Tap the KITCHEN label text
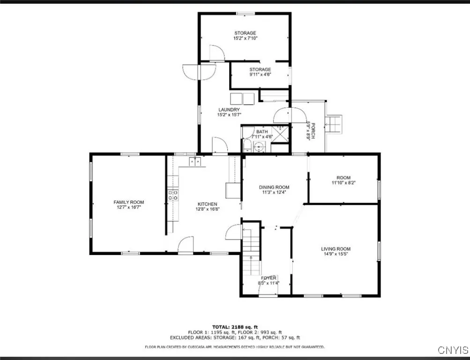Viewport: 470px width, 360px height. pyautogui.click(x=207, y=204)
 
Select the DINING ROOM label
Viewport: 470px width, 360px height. pyautogui.click(x=274, y=187)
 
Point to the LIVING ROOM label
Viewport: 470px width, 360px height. pyautogui.click(x=336, y=249)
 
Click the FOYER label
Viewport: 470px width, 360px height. pyautogui.click(x=269, y=278)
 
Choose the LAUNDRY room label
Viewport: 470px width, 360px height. pyautogui.click(x=229, y=110)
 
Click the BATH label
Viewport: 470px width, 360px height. pyautogui.click(x=261, y=132)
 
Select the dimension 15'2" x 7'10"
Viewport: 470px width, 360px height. pyautogui.click(x=245, y=38)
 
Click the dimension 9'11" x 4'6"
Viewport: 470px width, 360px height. pyautogui.click(x=260, y=74)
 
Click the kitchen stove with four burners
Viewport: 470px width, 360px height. pyautogui.click(x=173, y=195)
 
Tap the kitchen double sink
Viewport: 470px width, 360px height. pyautogui.click(x=195, y=162)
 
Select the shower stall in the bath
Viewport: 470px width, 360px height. pyautogui.click(x=280, y=135)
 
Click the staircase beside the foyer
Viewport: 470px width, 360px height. pyautogui.click(x=251, y=251)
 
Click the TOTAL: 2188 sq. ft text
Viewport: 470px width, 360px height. pyautogui.click(x=235, y=327)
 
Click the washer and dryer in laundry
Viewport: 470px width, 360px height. pyautogui.click(x=242, y=98)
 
